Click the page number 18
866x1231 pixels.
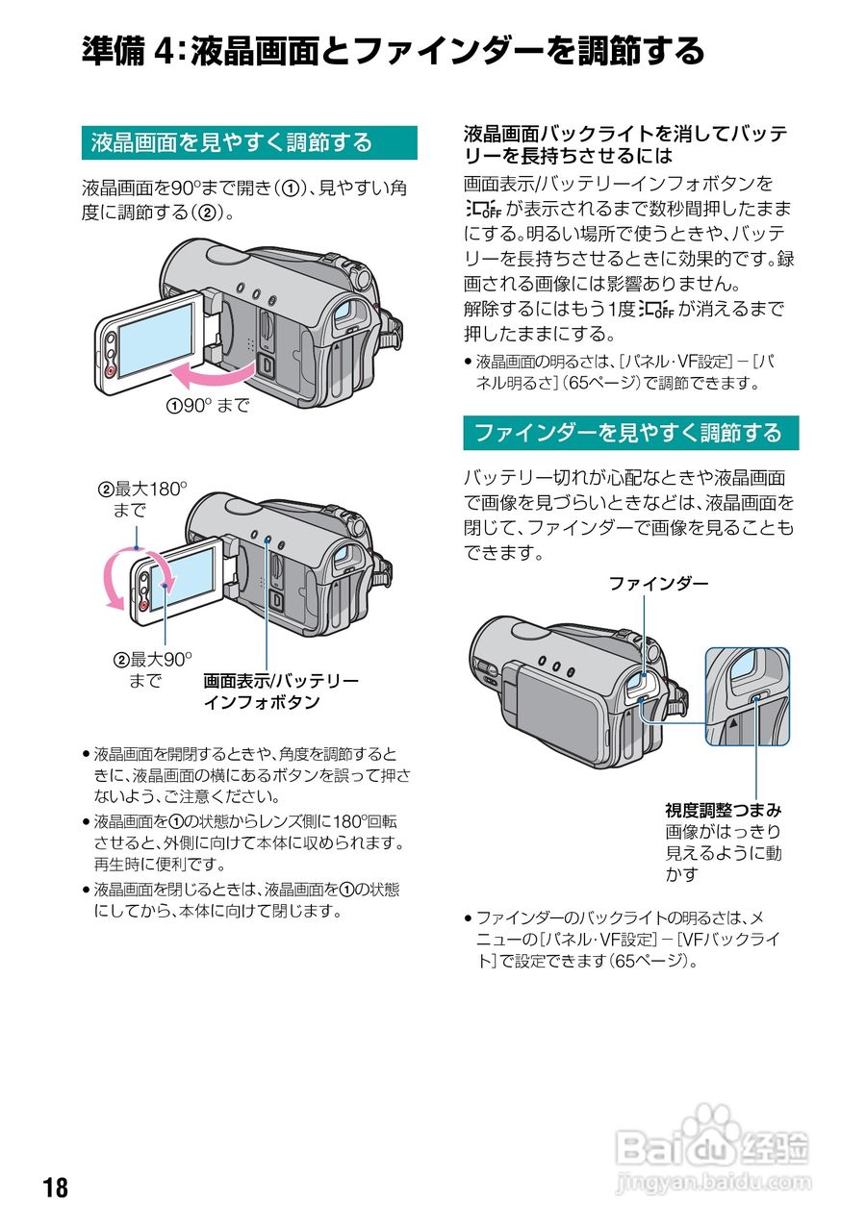point(56,1188)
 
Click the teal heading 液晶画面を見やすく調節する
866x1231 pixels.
point(231,143)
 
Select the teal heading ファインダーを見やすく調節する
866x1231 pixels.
point(629,433)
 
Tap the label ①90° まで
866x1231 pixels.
point(207,406)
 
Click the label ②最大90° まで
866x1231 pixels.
point(152,669)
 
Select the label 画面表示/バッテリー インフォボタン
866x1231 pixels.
point(280,691)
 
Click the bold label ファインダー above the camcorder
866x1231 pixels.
point(658,584)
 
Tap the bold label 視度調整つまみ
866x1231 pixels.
point(723,810)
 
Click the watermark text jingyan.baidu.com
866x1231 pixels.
point(713,1180)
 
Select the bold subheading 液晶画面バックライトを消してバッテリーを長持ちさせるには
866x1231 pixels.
point(625,143)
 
